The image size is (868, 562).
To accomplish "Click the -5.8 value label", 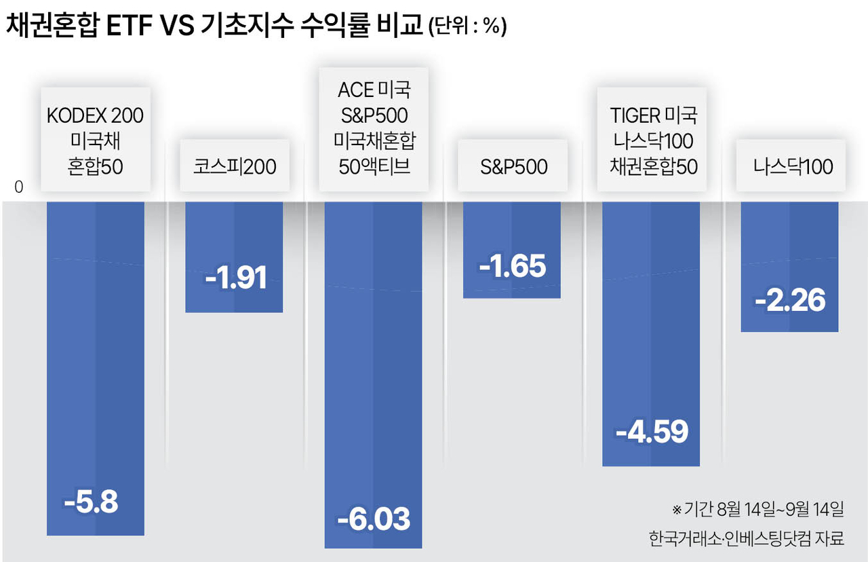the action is [x=91, y=502].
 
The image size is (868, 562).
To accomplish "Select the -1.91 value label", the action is [x=236, y=278].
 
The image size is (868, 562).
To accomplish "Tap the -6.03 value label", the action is [x=374, y=519].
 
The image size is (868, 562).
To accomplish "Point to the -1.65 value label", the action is [x=512, y=266].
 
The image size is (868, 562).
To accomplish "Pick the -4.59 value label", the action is [x=652, y=431].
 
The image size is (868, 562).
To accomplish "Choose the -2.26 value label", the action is [x=790, y=300].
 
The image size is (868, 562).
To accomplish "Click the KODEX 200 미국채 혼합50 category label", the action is [x=96, y=140].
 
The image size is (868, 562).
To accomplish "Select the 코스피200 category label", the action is [x=235, y=166].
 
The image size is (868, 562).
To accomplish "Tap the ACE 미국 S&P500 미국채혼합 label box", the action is [x=374, y=130].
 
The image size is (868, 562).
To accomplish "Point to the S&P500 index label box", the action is [x=513, y=166].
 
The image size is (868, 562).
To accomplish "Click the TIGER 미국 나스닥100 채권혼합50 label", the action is [x=652, y=140].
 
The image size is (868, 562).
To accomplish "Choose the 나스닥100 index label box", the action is [x=791, y=166].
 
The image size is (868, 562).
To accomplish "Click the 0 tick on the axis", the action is [x=18, y=187].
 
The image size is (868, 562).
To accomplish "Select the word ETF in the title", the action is [x=129, y=26].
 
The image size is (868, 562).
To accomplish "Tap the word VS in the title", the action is [x=177, y=26].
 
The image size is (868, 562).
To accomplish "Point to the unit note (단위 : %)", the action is [x=468, y=27].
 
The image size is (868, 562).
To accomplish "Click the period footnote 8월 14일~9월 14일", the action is [x=758, y=509].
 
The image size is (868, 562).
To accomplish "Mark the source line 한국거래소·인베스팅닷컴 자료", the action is [x=747, y=538].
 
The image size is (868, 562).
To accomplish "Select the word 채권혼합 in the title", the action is [x=52, y=26].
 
